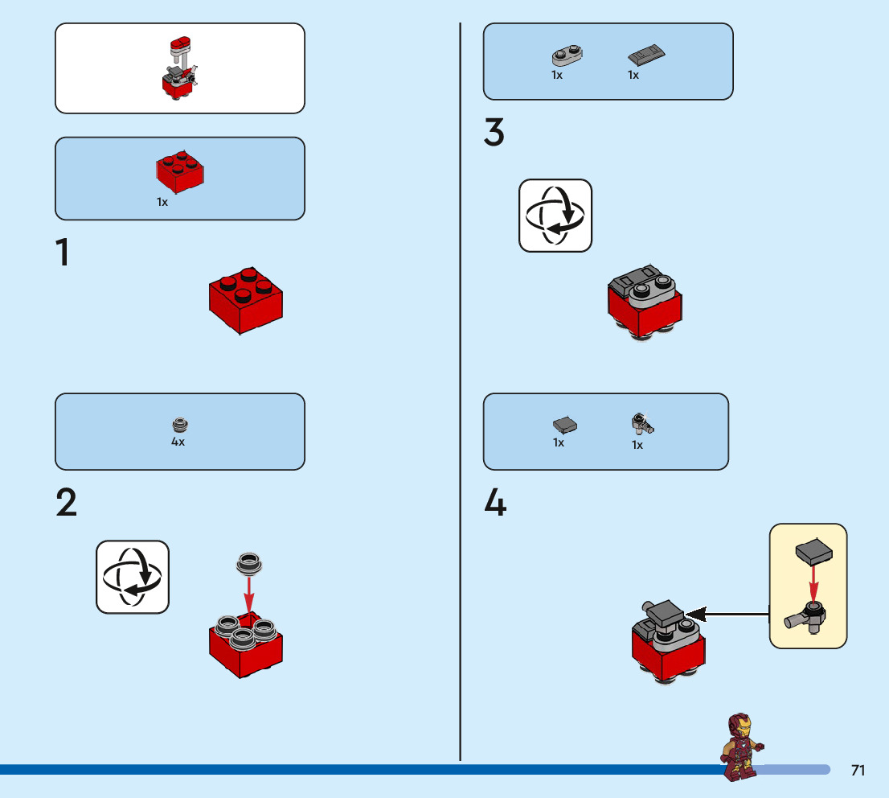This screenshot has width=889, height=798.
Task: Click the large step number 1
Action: click(62, 253)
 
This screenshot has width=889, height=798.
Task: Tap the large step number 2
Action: click(67, 503)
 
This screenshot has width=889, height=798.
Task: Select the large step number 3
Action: click(494, 133)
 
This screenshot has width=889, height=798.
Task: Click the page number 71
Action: click(858, 771)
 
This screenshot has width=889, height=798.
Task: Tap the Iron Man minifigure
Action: click(742, 746)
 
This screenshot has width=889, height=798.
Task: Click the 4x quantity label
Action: click(178, 442)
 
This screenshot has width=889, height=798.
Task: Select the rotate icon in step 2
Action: click(133, 577)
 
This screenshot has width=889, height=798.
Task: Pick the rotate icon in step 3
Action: click(555, 216)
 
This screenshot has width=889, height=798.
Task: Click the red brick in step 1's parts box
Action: click(180, 171)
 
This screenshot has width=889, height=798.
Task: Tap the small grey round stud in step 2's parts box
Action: click(179, 425)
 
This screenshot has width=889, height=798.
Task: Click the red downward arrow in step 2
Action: click(249, 593)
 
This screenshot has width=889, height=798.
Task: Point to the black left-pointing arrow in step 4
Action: click(727, 615)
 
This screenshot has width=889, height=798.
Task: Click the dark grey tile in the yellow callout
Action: click(813, 552)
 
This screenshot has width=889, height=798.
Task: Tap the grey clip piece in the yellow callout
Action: click(807, 617)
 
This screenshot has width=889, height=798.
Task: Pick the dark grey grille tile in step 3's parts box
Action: click(647, 56)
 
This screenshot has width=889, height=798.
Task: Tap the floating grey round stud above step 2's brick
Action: click(249, 564)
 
